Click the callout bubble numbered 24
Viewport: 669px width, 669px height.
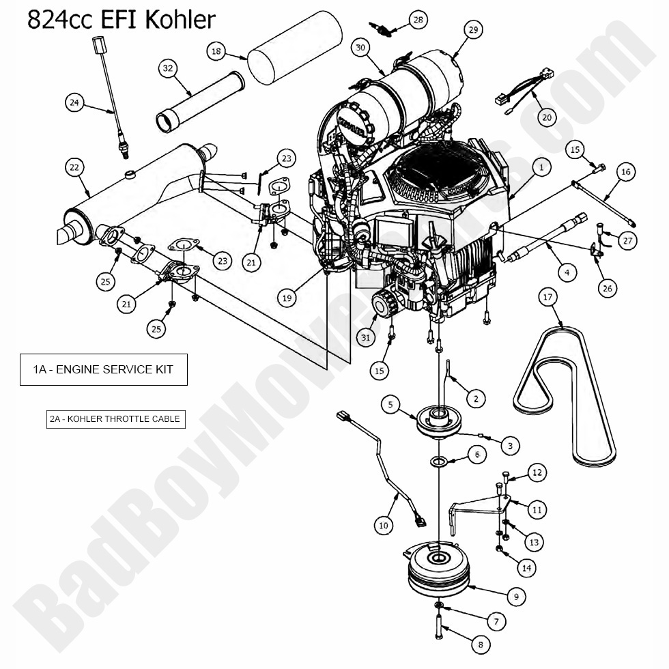75,102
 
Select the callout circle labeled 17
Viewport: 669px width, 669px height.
547,297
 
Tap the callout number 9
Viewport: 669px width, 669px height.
516,597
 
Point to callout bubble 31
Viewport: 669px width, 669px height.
365,337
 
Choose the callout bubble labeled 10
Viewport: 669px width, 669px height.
384,525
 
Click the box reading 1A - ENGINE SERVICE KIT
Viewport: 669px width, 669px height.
103,369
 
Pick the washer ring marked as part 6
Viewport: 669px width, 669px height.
438,463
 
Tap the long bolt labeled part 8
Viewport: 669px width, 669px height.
438,625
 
